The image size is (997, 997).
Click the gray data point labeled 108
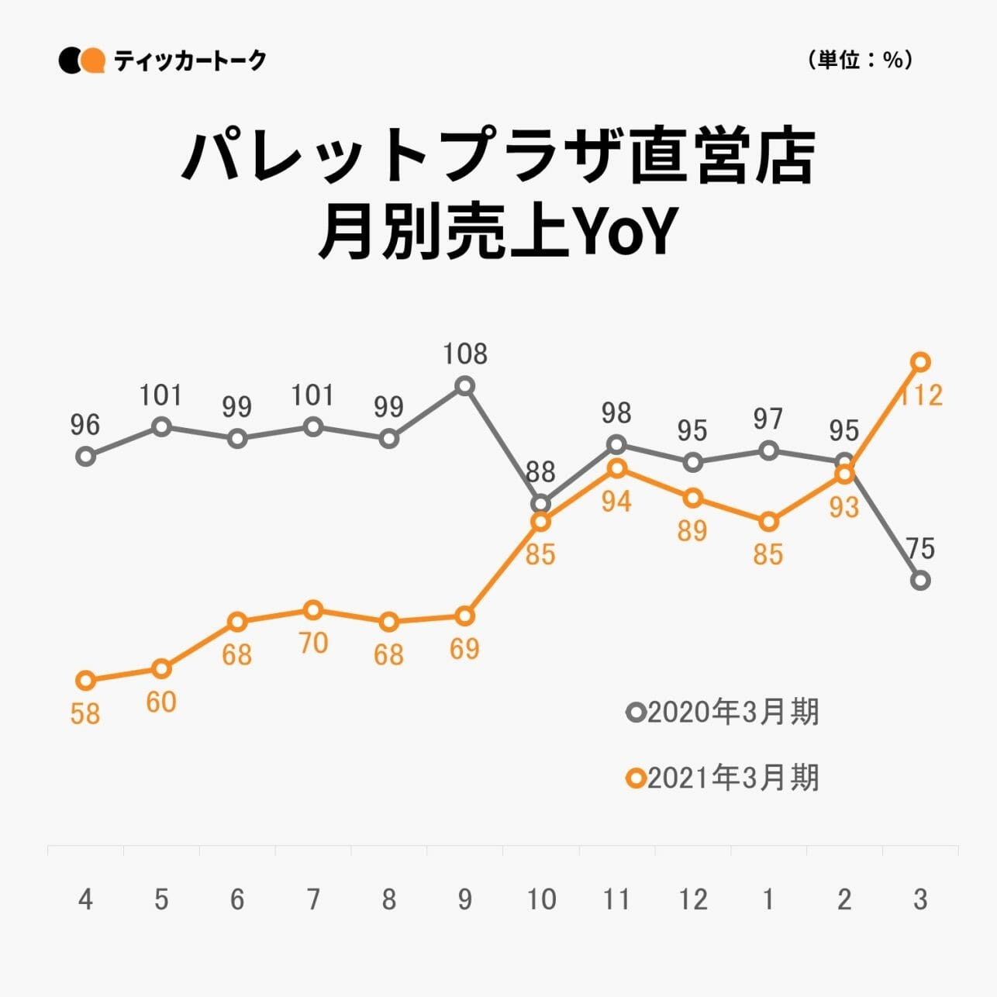(464, 385)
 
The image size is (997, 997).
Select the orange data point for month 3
(920, 362)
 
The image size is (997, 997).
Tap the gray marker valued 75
(920, 580)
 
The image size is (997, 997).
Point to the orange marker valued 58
(85, 681)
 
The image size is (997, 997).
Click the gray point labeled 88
(541, 504)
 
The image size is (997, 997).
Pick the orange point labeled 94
(617, 468)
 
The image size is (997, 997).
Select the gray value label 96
(85, 425)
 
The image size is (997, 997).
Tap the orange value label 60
(161, 702)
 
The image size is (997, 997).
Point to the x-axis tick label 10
(541, 899)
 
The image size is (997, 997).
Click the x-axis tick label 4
(85, 899)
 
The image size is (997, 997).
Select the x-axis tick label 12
(693, 899)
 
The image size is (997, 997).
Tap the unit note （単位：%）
(859, 60)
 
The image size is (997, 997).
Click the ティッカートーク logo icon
(81, 60)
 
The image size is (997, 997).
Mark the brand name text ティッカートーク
(190, 60)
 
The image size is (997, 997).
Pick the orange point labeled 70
(313, 610)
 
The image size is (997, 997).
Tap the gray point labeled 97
(768, 450)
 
